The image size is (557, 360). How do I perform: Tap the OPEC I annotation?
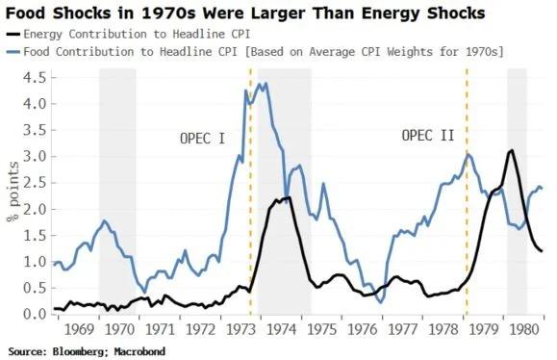(x=202, y=138)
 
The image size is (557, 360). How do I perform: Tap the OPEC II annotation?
(x=427, y=136)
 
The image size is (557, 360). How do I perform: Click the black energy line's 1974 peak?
(x=289, y=197)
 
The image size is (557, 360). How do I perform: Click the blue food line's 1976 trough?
(x=381, y=302)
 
